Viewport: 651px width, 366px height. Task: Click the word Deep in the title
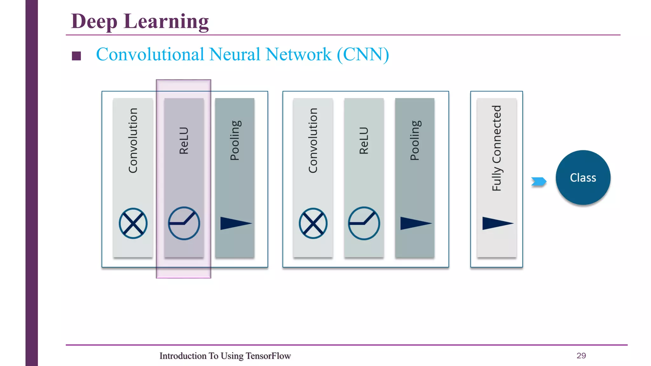94,22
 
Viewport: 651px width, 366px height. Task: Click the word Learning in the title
166,22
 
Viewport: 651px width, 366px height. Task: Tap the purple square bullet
76,56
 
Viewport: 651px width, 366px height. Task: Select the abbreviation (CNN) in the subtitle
363,54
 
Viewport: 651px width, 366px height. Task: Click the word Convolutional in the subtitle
150,54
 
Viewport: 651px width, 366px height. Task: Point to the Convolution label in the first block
133,140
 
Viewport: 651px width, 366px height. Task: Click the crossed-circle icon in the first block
133,223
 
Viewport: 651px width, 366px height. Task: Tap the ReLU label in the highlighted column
184,140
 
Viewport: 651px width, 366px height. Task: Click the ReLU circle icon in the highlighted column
184,223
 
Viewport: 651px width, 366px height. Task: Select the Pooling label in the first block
235,140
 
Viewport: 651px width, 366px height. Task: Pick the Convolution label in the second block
313,140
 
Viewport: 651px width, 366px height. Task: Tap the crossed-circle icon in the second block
313,223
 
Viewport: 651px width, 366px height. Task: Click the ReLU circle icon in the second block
364,223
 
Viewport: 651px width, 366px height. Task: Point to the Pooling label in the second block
415,140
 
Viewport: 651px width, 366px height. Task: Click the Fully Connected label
497,148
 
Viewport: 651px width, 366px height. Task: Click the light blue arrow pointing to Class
539,181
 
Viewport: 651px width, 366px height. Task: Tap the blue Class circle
583,178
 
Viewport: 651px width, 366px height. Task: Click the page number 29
581,356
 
